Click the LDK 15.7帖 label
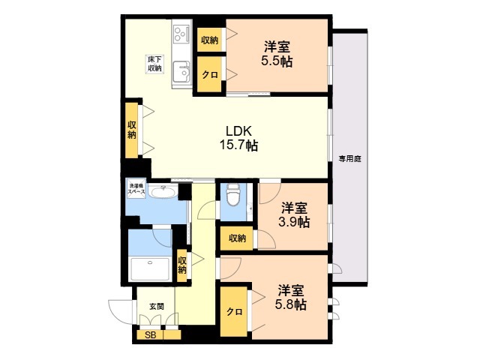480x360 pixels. point(238,138)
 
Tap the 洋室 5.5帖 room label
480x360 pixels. point(277,54)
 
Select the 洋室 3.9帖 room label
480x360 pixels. point(294,215)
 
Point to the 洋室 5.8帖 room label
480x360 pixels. point(291,297)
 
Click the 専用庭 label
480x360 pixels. point(350,159)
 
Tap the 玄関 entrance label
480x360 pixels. point(157,307)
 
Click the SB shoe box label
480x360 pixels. point(150,335)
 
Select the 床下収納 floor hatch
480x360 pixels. point(154,64)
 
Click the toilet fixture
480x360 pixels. point(233,195)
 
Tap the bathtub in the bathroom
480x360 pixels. point(150,269)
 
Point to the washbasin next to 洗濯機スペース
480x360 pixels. point(163,192)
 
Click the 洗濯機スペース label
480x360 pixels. point(136,189)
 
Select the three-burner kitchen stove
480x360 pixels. point(181,34)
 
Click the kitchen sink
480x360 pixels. point(181,72)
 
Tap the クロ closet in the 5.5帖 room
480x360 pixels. point(209,74)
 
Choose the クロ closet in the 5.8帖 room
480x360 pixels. point(234,312)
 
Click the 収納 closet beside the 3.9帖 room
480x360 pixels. point(237,238)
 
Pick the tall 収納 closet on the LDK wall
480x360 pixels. point(132,130)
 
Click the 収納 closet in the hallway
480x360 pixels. point(182,265)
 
